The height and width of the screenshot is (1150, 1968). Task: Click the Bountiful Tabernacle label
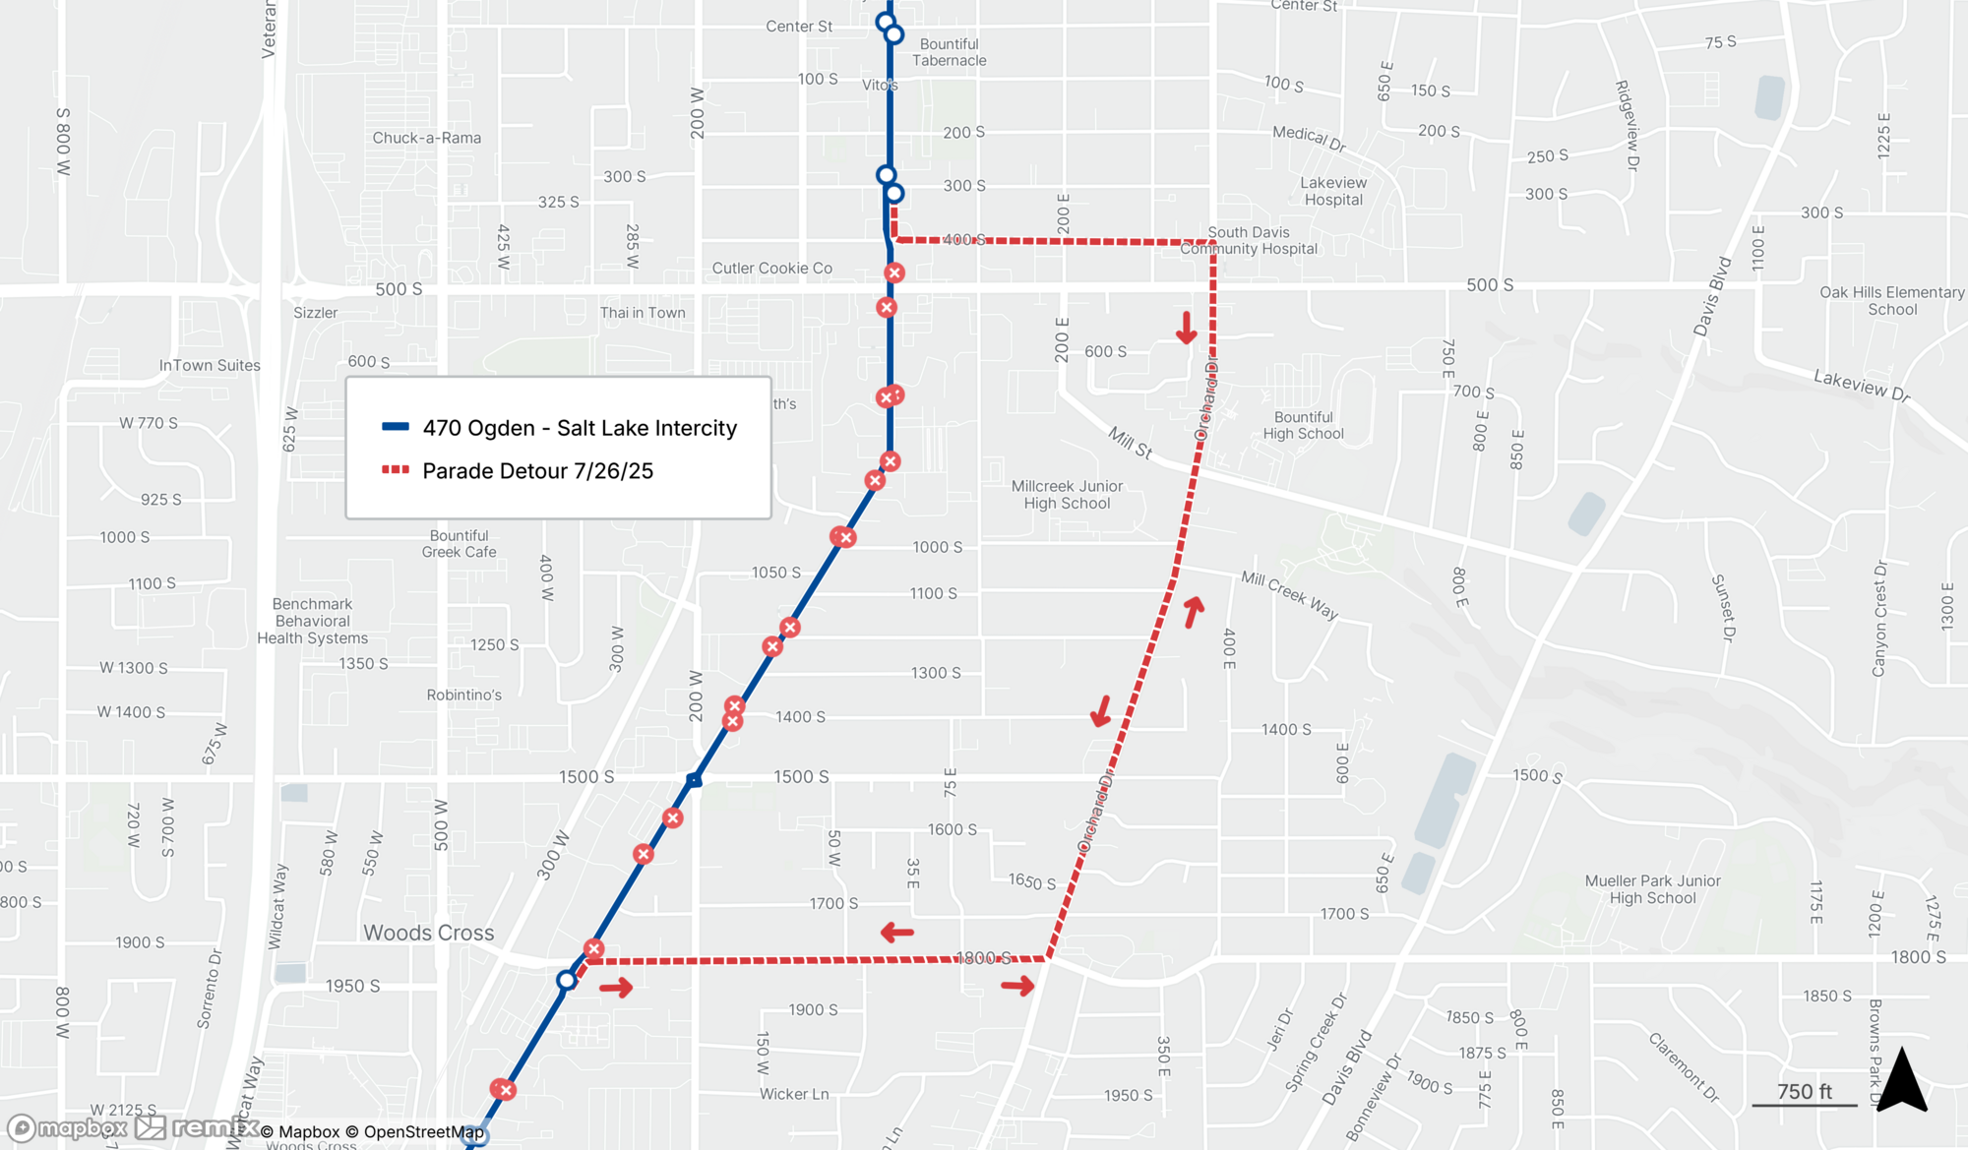pos(949,52)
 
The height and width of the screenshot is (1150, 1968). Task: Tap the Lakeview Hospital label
pos(1333,191)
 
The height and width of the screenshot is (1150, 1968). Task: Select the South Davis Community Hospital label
pos(1249,241)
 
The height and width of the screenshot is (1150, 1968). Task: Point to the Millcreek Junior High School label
pos(1067,495)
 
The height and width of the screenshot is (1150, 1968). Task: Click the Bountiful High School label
pos(1303,425)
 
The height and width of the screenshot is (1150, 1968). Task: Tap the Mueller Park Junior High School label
pos(1652,889)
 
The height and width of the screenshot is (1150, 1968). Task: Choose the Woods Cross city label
pos(429,933)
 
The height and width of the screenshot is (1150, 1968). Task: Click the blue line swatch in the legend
pos(396,427)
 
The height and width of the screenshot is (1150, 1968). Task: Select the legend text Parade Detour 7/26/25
pos(537,471)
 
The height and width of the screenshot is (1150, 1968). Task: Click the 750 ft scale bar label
pos(1804,1092)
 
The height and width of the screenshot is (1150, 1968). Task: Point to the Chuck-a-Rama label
pos(426,138)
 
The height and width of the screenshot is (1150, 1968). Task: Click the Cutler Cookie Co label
pos(771,269)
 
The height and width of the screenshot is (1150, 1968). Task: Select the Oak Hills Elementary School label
pos(1891,301)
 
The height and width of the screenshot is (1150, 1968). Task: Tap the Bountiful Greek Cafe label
pos(459,544)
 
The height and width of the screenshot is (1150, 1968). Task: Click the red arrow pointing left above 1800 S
pos(896,932)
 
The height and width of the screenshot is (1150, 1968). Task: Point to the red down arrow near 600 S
pos(1187,328)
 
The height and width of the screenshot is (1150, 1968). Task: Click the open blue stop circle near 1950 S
pos(566,980)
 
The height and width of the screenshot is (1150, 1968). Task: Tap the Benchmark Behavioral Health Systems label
pos(312,621)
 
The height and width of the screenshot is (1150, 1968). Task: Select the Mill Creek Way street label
pos(1289,595)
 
